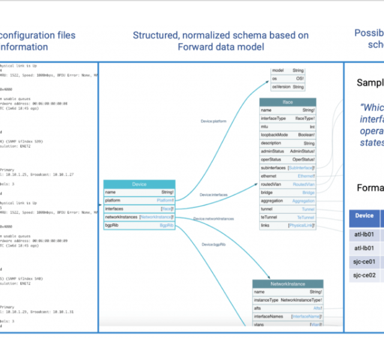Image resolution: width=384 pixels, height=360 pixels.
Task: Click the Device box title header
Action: (x=139, y=184)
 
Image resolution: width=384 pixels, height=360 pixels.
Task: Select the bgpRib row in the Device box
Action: (x=139, y=225)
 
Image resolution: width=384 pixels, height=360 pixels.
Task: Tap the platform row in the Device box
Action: (x=139, y=200)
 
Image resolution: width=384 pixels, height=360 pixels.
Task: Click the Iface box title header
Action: (x=287, y=102)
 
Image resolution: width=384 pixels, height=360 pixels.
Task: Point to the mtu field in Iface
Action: (x=287, y=127)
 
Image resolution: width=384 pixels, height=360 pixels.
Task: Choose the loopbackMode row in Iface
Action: (x=287, y=135)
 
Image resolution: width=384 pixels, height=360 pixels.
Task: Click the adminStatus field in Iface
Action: (x=287, y=152)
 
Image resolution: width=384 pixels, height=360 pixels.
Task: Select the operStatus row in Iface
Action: (x=287, y=160)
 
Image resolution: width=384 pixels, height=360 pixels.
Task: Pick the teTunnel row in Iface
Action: (x=287, y=217)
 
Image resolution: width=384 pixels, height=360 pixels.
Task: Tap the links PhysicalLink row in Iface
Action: (x=287, y=226)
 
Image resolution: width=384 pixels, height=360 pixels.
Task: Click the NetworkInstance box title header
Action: (x=287, y=283)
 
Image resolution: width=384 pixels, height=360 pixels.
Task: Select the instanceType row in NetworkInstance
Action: (x=287, y=299)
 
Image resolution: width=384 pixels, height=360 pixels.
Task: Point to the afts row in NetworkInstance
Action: (x=287, y=307)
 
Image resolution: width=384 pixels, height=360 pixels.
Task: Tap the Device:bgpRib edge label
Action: (x=214, y=244)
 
